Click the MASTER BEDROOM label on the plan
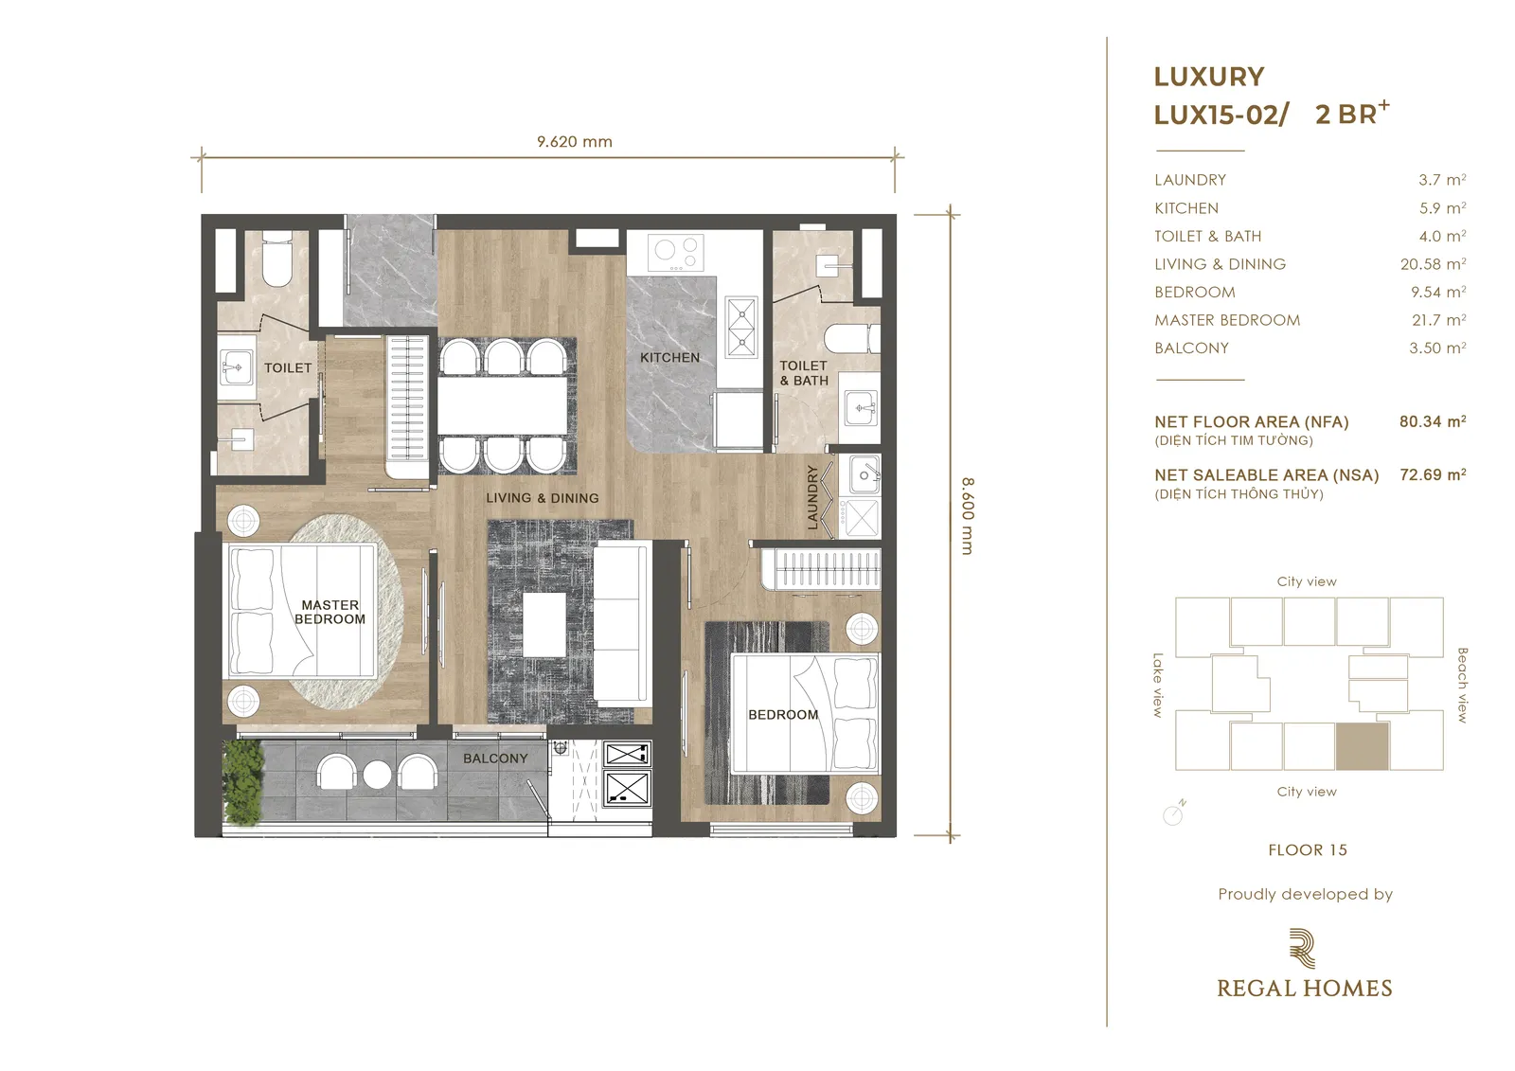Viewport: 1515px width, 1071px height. pyautogui.click(x=330, y=613)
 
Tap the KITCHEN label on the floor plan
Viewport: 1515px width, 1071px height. pyautogui.click(x=669, y=357)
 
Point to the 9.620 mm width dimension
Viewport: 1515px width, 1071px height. pyautogui.click(x=574, y=141)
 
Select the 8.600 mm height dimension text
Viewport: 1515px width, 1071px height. pyautogui.click(x=968, y=515)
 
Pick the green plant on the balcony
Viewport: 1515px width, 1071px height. pyautogui.click(x=242, y=782)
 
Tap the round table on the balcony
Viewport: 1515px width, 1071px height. pyautogui.click(x=377, y=775)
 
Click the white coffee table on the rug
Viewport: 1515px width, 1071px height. pyautogui.click(x=544, y=624)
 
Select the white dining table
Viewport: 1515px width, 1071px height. pyautogui.click(x=502, y=406)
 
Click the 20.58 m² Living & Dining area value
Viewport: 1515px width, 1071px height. pyautogui.click(x=1433, y=264)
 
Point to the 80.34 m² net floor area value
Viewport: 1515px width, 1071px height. pyautogui.click(x=1433, y=421)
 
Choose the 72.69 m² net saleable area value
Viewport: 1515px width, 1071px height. pyautogui.click(x=1433, y=475)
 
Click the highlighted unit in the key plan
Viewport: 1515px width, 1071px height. pyautogui.click(x=1363, y=746)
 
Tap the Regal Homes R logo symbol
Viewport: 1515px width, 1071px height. pyautogui.click(x=1303, y=949)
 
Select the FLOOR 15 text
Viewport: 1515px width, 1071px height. pyautogui.click(x=1308, y=849)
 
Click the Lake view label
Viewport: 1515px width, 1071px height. pyautogui.click(x=1158, y=685)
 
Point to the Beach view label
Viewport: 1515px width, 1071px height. pyautogui.click(x=1462, y=685)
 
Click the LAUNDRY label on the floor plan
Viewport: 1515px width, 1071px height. pyautogui.click(x=812, y=497)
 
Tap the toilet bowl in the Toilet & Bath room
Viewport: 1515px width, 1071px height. pyautogui.click(x=852, y=338)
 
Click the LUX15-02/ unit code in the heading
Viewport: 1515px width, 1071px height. pyautogui.click(x=1221, y=115)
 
